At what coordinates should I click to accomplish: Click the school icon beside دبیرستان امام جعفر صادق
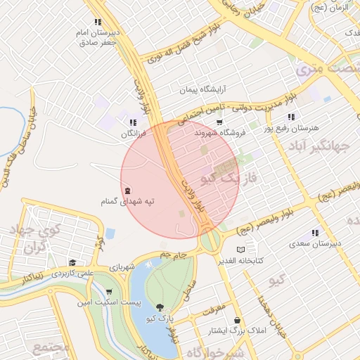(98, 22)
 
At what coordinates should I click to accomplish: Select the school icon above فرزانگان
(133, 122)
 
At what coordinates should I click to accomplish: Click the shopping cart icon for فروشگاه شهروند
(219, 122)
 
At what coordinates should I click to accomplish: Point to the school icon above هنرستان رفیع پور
(291, 117)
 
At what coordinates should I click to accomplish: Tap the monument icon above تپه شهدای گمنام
(127, 191)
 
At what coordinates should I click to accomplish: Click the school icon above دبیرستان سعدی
(315, 233)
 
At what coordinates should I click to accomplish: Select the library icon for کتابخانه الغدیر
(241, 250)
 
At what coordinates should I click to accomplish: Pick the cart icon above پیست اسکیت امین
(109, 292)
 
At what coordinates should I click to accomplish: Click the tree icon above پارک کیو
(160, 307)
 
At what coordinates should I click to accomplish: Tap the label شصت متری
(328, 68)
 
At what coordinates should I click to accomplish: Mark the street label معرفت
(212, 309)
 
